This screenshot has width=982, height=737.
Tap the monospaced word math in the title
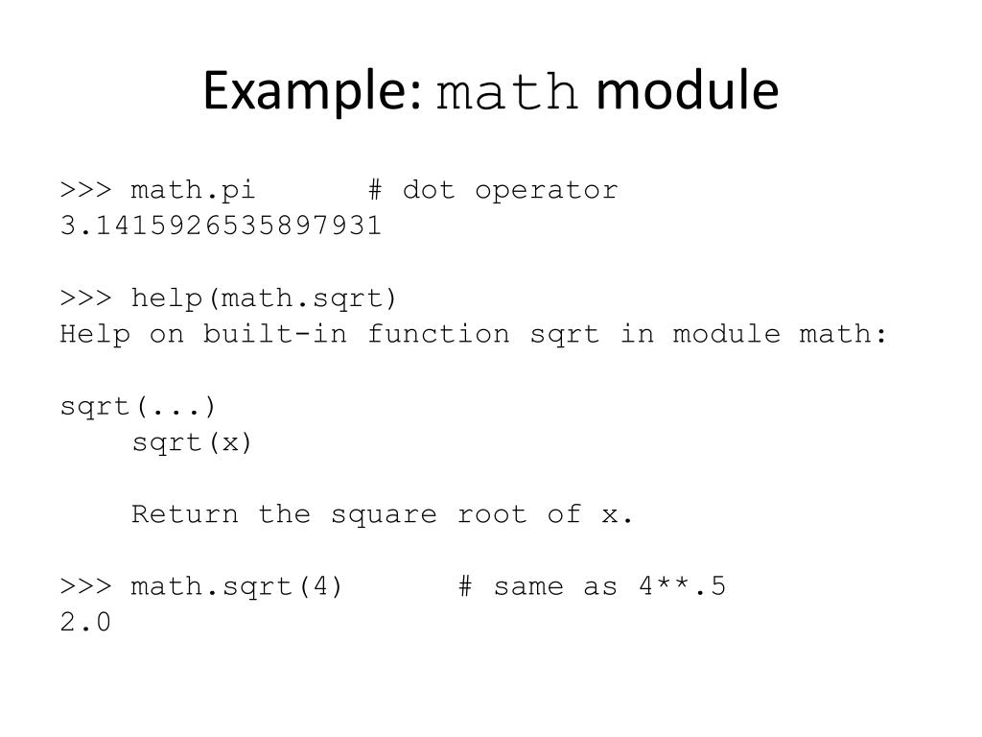click(x=507, y=94)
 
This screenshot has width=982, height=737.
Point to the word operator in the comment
click(x=547, y=190)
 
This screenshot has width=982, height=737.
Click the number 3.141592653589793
click(x=221, y=226)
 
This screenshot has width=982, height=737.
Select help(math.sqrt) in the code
click(x=265, y=298)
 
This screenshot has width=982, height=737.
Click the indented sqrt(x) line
click(x=192, y=442)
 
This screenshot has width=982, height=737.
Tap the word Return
click(x=185, y=514)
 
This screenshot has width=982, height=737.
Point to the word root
click(x=492, y=514)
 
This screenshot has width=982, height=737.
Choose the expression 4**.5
click(x=682, y=586)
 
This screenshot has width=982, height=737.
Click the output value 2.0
click(x=85, y=623)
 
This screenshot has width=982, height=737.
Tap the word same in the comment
click(x=528, y=586)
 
